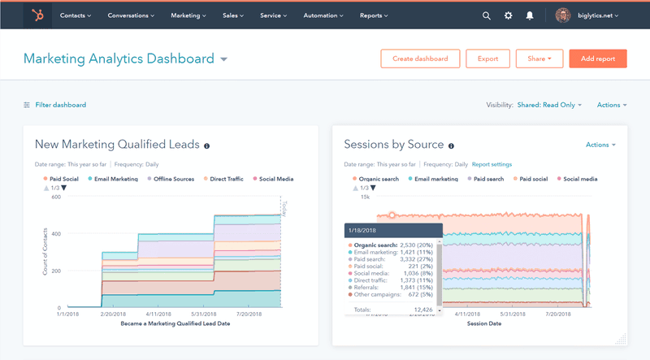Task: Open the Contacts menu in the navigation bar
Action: [x=75, y=15]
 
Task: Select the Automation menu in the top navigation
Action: [x=324, y=15]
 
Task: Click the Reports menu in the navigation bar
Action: [x=374, y=15]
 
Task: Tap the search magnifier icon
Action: [x=486, y=15]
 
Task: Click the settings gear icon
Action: [x=509, y=15]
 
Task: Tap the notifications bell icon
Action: [x=530, y=15]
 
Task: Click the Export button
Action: [x=487, y=59]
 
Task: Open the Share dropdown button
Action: [x=539, y=59]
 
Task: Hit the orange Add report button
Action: [x=598, y=59]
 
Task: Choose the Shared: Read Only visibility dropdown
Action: [x=549, y=105]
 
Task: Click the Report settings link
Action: [x=492, y=164]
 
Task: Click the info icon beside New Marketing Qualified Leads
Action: [x=206, y=145]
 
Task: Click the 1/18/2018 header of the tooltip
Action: [x=363, y=230]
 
